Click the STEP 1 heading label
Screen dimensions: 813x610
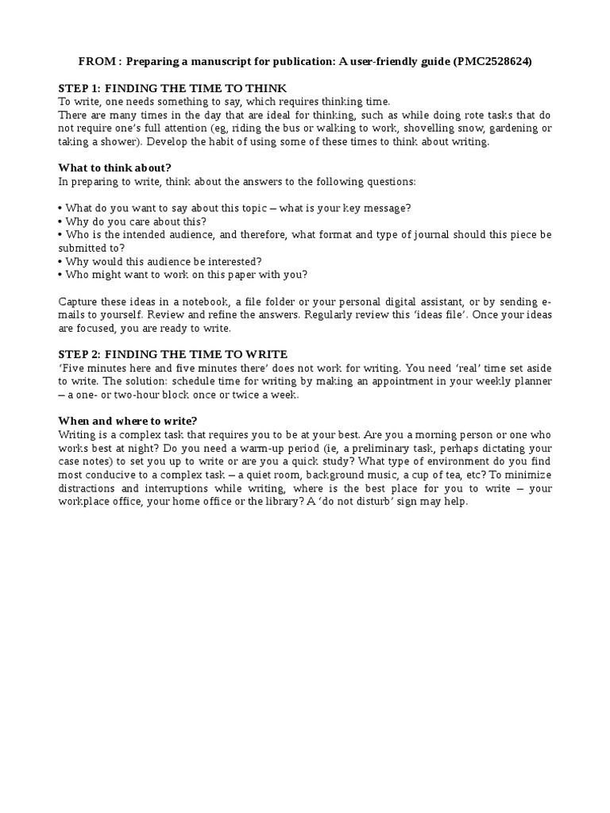pos(79,88)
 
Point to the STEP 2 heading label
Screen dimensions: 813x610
pos(79,354)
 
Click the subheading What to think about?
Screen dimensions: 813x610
pos(114,168)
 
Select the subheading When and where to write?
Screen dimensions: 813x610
pos(128,421)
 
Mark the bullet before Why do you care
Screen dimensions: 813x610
pos(60,222)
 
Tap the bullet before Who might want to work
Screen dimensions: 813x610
pos(60,275)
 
